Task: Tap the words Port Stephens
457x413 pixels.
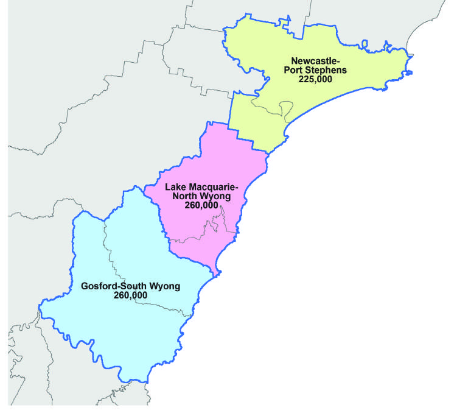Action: point(318,69)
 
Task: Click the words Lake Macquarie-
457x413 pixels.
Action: point(192,186)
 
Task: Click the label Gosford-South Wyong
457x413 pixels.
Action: point(130,286)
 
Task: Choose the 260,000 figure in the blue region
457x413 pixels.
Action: point(130,295)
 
